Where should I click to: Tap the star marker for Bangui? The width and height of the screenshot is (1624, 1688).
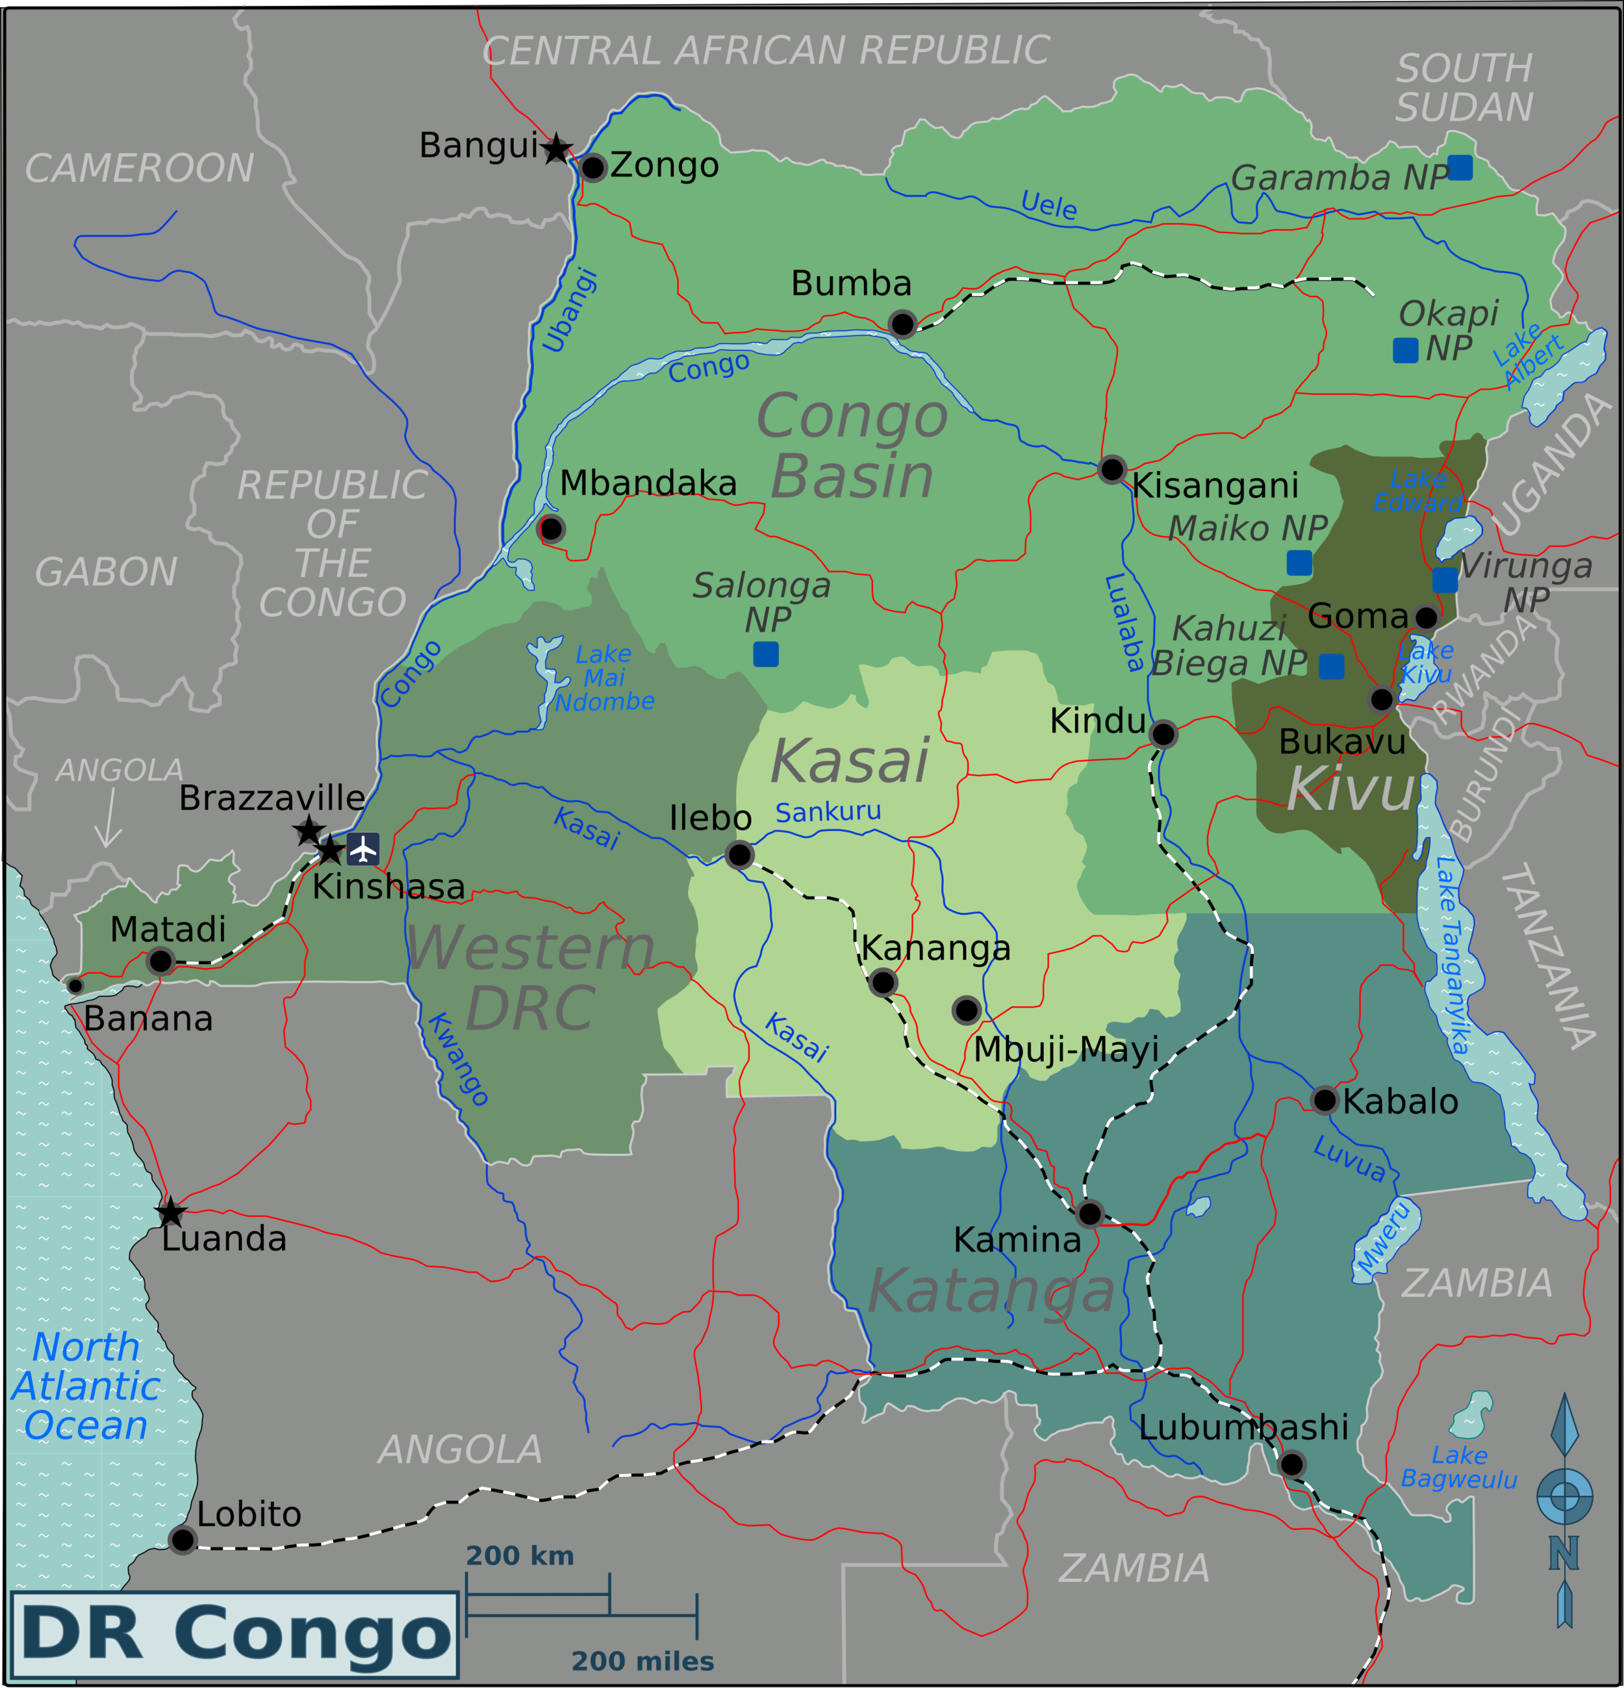[557, 149]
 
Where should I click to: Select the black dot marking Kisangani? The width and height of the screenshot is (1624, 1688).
[1111, 469]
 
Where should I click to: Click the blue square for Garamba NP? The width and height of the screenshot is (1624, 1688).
[1460, 167]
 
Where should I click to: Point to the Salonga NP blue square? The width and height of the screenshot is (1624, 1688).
[765, 654]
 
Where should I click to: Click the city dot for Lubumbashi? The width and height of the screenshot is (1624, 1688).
[1291, 1463]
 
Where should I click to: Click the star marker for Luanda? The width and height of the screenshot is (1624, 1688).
[170, 1212]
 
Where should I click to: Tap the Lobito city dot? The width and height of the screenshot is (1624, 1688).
[183, 1539]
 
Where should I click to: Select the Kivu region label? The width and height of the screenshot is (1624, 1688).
[1350, 789]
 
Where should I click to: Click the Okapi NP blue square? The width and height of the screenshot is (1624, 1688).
[1405, 350]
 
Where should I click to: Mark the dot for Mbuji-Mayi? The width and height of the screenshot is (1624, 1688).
[966, 1010]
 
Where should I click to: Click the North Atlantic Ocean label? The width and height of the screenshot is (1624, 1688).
[86, 1386]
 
